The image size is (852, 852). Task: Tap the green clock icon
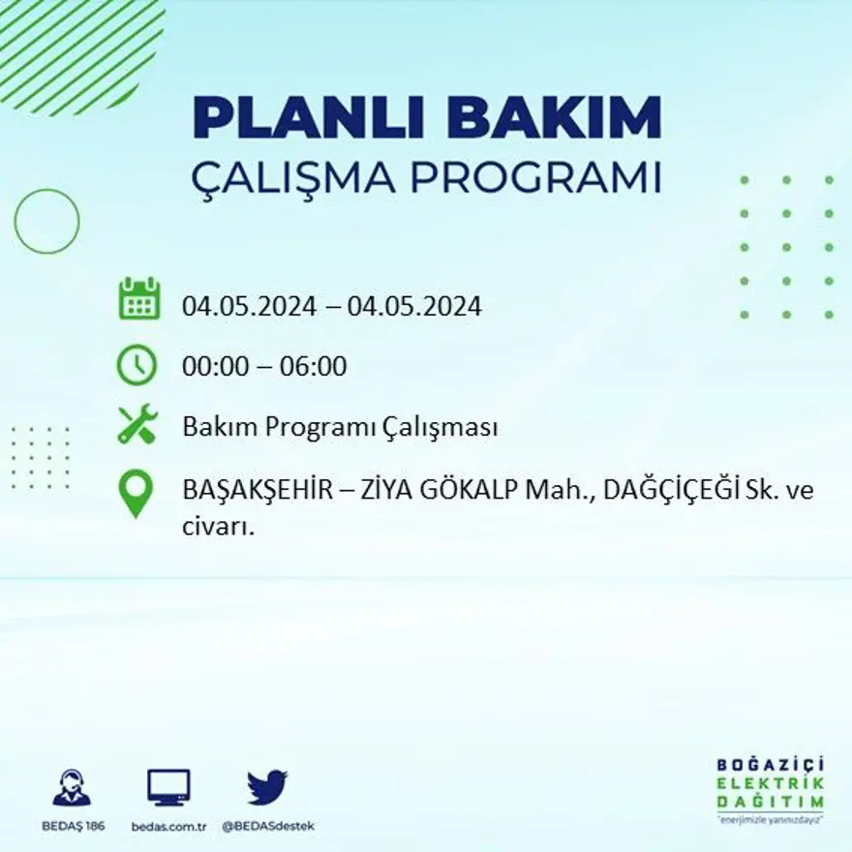coord(137,365)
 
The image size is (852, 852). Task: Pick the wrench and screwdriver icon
coord(137,426)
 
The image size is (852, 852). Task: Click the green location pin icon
coord(137,494)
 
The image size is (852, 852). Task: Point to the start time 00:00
coord(212,367)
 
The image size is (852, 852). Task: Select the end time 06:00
coord(315,367)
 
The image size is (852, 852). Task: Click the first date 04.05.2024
coord(249,307)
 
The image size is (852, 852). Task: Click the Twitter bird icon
coord(268,787)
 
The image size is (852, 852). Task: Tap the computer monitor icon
coord(168,788)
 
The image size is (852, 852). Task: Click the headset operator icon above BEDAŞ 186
coord(72,788)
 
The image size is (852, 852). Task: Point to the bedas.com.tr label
coord(169,826)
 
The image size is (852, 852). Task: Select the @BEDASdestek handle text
coord(268,826)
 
